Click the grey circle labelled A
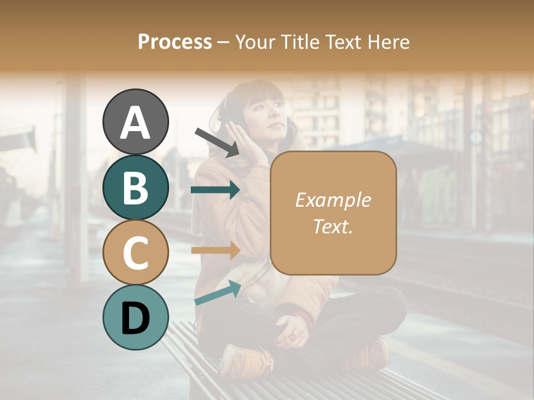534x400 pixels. (x=135, y=122)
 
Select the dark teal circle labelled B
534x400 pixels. (x=135, y=187)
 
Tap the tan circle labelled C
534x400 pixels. (x=135, y=252)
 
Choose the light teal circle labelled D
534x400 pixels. (x=135, y=317)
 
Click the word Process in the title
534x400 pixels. (x=175, y=42)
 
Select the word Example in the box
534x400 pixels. (x=333, y=200)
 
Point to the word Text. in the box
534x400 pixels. (x=333, y=226)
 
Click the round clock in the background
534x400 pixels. (x=476, y=137)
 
